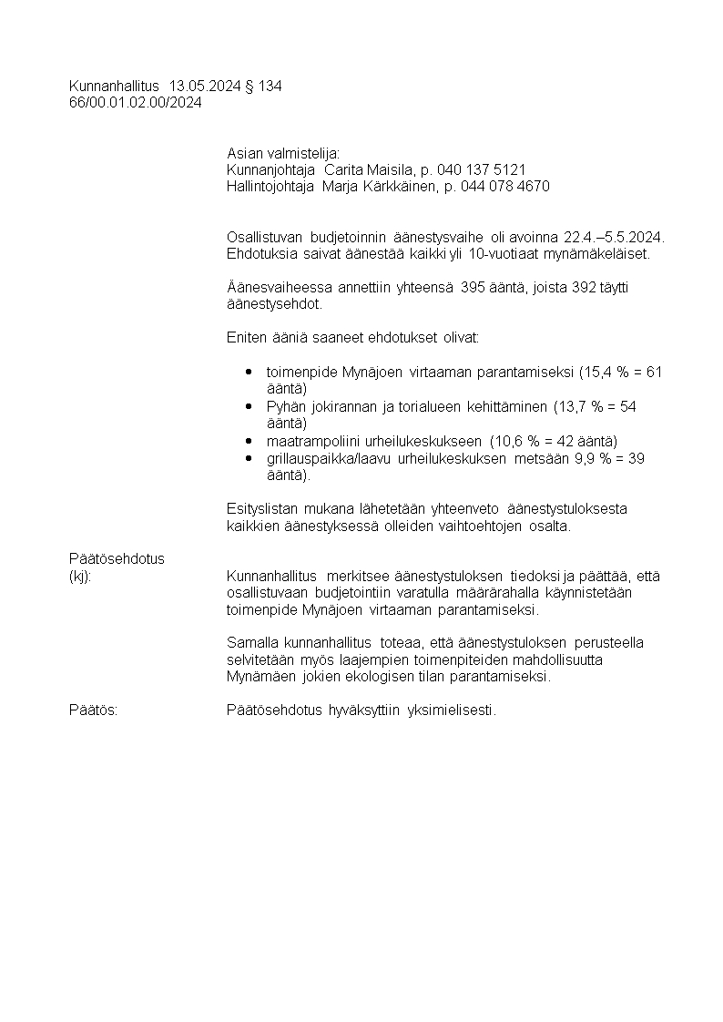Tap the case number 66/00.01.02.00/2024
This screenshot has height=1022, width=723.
coord(136,103)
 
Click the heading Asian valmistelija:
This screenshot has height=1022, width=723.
coord(282,153)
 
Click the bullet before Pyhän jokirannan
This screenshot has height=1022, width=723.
coord(249,406)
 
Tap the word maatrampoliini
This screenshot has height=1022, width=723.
coord(309,441)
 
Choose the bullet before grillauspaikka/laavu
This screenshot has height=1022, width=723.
coord(249,458)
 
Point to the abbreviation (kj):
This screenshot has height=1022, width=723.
coord(80,576)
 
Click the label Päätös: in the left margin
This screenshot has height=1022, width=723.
coord(93,710)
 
